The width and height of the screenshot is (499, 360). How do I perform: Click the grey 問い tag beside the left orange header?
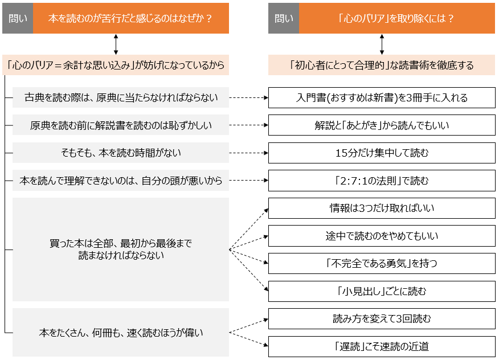(x=17, y=18)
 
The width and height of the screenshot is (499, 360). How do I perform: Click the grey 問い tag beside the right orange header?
(x=284, y=18)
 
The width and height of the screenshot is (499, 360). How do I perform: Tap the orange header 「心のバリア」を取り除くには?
(x=397, y=18)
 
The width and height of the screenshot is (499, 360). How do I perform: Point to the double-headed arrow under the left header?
(x=116, y=44)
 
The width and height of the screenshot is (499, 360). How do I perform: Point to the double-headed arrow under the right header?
(x=382, y=44)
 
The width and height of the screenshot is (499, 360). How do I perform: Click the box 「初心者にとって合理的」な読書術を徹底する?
(x=382, y=65)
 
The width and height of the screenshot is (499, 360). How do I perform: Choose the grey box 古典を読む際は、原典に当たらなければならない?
(x=121, y=97)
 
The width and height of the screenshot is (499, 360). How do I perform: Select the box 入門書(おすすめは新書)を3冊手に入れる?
(x=382, y=97)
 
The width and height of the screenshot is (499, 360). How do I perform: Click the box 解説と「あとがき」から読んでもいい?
(x=382, y=125)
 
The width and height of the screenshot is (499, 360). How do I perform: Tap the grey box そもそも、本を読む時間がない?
(x=121, y=153)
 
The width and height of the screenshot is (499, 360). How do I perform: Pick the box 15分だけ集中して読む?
(x=382, y=153)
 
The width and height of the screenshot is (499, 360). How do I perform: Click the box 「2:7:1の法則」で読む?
(x=382, y=181)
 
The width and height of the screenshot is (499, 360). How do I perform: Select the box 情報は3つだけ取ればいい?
(x=382, y=208)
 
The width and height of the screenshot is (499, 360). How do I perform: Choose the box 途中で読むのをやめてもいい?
(x=382, y=236)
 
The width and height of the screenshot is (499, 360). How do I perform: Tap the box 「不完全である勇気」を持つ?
(x=382, y=264)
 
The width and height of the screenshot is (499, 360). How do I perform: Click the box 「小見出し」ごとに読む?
(x=382, y=291)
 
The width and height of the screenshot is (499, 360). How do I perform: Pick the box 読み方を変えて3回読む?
(x=382, y=319)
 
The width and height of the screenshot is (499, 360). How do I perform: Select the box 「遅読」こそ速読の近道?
(x=382, y=346)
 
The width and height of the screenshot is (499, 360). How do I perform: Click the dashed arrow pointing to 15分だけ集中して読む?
(x=249, y=153)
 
